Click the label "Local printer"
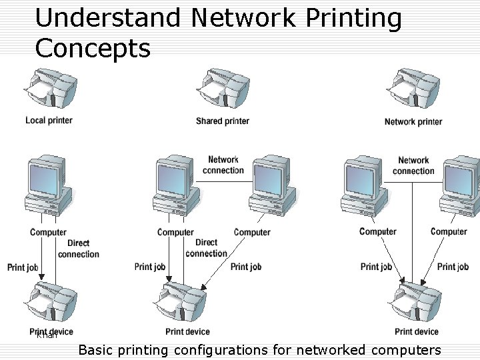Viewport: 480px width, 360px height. pos(49,120)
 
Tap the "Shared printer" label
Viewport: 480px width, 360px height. pos(223,121)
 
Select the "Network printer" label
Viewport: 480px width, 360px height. pos(413,121)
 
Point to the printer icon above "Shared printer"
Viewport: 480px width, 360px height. pos(223,90)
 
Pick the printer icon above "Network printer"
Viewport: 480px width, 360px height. pos(414,90)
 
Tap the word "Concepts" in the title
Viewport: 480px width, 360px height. pos(93,48)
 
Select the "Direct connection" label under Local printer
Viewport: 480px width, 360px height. pos(78,249)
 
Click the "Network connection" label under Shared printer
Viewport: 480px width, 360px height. pos(223,165)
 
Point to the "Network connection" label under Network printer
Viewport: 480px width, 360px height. pos(413,165)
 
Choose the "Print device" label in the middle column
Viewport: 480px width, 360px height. pos(187,331)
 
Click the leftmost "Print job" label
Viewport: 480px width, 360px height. pos(23,267)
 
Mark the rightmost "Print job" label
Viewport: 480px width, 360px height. pos(453,267)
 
